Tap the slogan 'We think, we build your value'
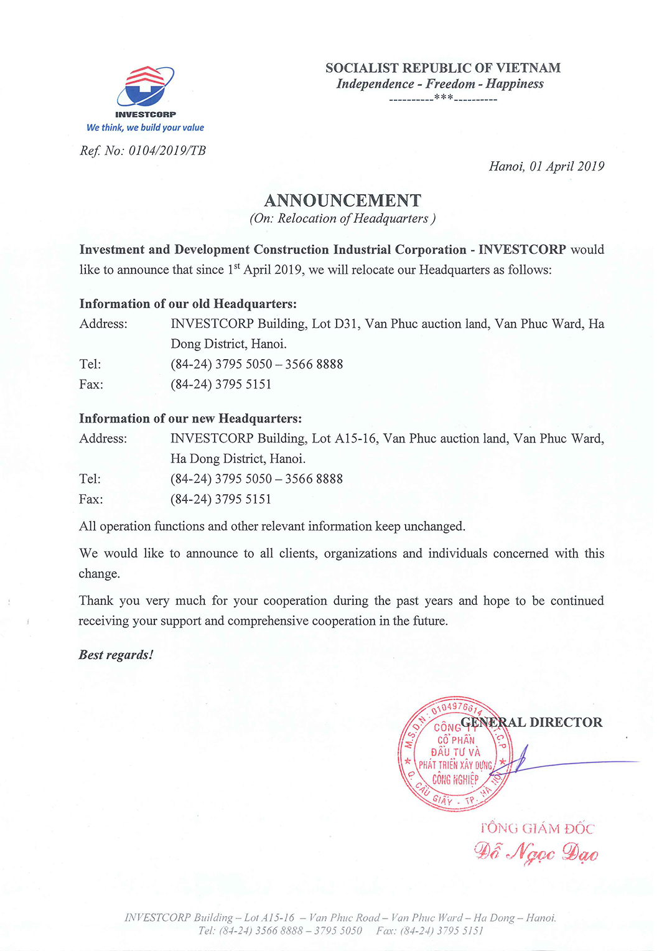coord(146,128)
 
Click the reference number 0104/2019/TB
coord(167,151)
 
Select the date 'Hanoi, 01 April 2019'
coord(546,166)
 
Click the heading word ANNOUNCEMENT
coord(342,200)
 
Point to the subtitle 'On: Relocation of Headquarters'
coord(342,218)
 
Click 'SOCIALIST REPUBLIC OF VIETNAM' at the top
coord(442,68)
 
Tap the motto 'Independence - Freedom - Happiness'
coord(440,84)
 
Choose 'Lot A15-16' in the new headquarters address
coord(344,438)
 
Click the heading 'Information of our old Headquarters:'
coord(188,304)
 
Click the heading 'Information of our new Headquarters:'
coord(190,418)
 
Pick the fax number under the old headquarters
coord(221,384)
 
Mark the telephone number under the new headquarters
coord(256,479)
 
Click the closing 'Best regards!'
coord(116,655)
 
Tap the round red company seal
coord(455,754)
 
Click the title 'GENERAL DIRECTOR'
coord(531,722)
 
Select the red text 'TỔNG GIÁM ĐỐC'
coord(537,828)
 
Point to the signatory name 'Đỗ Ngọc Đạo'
coord(536,852)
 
